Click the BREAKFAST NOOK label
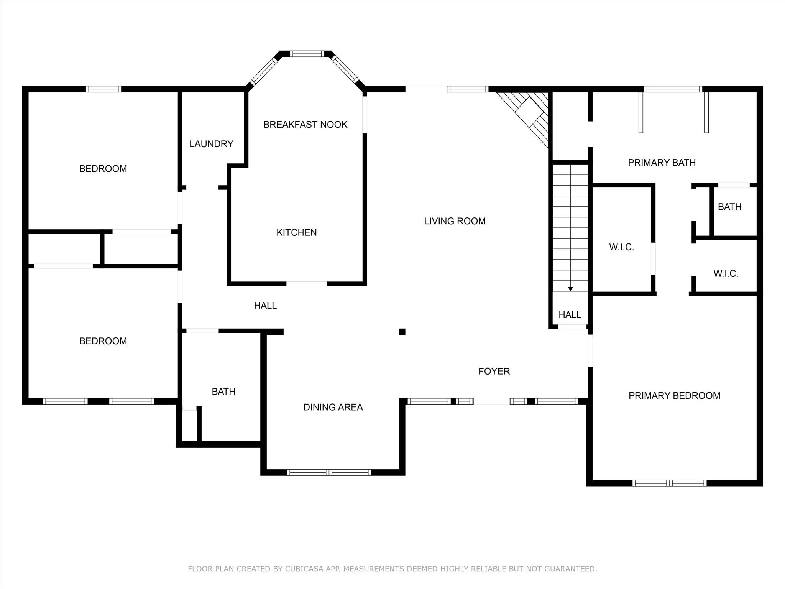305,124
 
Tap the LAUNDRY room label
211,144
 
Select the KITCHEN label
297,232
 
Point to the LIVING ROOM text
455,221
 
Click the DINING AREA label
333,407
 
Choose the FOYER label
494,371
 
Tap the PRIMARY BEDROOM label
675,395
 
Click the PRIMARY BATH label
662,163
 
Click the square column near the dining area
402,332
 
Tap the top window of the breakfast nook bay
307,54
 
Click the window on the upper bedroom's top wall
103,89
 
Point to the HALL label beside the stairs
570,314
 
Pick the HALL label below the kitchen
265,306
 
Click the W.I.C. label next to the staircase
622,247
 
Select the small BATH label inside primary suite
730,207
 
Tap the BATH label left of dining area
223,392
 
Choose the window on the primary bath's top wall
673,89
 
